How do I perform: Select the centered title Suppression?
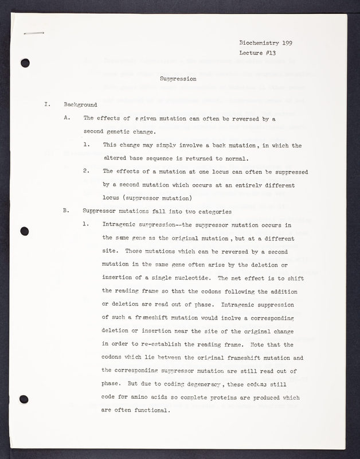(x=178, y=79)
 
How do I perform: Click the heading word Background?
(x=80, y=105)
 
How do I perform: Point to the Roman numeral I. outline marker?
(x=47, y=105)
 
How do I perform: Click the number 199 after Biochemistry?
(x=299, y=43)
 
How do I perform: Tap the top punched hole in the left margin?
(x=25, y=64)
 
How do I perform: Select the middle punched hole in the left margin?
(x=24, y=231)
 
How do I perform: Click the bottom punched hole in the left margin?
(x=24, y=399)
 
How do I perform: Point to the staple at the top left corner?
(x=34, y=34)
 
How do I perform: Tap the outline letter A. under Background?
(x=67, y=119)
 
